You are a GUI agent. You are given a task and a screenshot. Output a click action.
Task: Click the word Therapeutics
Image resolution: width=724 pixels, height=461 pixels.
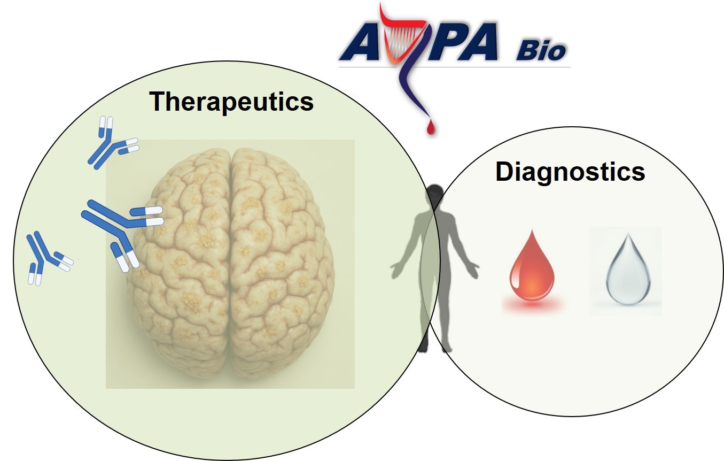click(x=231, y=101)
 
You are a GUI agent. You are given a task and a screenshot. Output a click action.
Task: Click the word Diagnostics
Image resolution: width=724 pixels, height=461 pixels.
click(x=570, y=172)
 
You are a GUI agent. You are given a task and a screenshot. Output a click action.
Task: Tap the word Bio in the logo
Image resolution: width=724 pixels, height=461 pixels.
click(x=540, y=52)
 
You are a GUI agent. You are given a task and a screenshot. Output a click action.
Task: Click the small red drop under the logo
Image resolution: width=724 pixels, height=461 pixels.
click(x=430, y=126)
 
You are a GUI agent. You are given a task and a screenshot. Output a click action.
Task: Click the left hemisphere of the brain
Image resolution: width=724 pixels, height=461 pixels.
click(x=182, y=257)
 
